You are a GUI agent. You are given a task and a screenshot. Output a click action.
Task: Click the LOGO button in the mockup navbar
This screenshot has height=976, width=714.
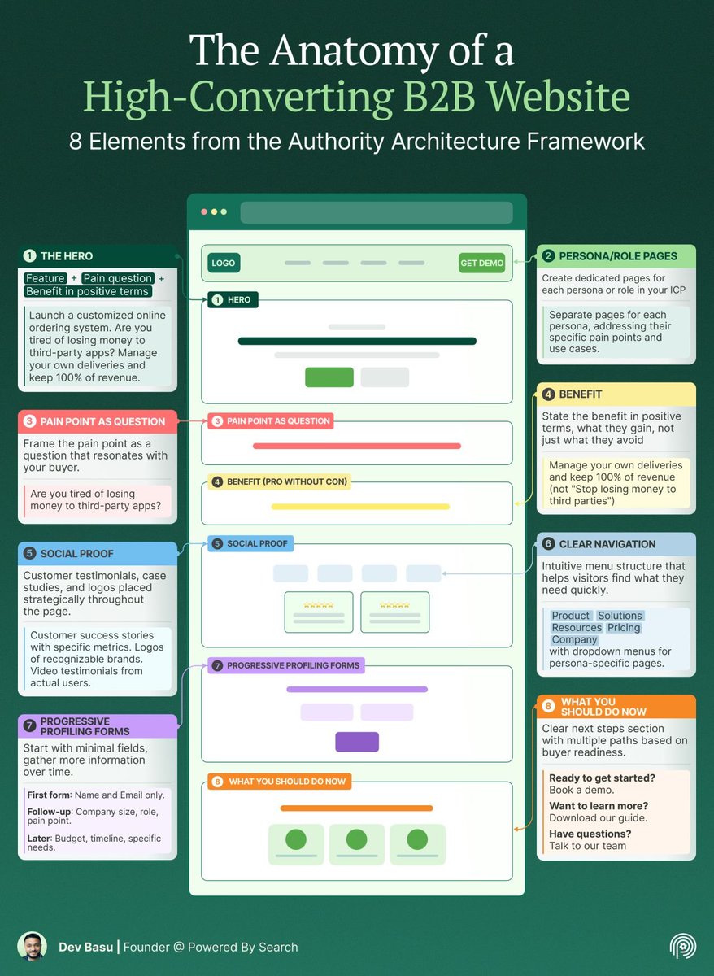click(x=223, y=263)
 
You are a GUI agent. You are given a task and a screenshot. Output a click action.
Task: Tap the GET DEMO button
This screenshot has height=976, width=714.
click(x=482, y=263)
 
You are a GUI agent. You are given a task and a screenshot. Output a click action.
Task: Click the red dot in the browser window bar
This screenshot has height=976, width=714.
click(x=204, y=211)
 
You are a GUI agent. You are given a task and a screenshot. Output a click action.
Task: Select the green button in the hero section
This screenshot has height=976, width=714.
click(x=329, y=377)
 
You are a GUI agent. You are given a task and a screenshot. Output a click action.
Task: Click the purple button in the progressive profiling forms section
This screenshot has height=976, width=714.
click(x=357, y=742)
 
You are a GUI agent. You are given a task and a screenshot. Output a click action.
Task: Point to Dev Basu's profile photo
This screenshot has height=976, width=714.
click(x=32, y=947)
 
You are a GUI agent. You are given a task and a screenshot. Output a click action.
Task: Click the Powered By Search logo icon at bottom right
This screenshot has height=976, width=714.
click(x=682, y=947)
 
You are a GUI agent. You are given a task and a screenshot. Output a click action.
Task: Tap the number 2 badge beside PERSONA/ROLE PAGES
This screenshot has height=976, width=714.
click(x=549, y=256)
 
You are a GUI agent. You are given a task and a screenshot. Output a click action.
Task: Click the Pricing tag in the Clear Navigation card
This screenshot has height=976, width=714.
click(x=624, y=628)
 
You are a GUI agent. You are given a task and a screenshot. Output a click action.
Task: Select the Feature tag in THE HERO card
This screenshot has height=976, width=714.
click(x=45, y=278)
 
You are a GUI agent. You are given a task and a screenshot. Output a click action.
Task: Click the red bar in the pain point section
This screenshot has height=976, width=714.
click(x=357, y=446)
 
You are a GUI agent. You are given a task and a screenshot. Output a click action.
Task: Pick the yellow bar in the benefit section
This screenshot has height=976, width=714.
click(x=359, y=507)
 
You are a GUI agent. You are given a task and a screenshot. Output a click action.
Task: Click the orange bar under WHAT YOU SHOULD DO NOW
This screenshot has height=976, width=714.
click(x=357, y=808)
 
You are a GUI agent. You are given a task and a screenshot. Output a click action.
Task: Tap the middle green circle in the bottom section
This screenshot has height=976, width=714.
click(x=357, y=840)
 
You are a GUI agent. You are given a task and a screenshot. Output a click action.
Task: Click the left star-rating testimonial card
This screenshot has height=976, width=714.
click(x=319, y=612)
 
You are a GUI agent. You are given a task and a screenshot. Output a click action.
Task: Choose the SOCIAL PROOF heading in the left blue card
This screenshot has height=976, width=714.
click(x=77, y=554)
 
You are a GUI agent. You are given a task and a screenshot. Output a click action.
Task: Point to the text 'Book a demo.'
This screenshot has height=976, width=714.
click(x=581, y=790)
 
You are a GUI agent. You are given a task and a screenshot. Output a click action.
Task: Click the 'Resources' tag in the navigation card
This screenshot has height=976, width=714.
click(x=577, y=628)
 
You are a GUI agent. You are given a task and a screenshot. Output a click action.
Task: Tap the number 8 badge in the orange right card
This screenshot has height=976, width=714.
click(x=549, y=706)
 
